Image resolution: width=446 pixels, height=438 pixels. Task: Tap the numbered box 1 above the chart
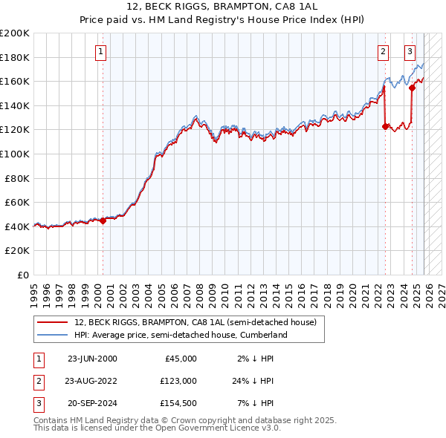click(x=100, y=52)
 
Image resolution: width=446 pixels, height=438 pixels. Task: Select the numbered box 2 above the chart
click(x=383, y=52)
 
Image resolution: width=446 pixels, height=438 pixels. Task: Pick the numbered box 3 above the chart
click(x=410, y=52)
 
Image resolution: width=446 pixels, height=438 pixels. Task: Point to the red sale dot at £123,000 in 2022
click(x=385, y=126)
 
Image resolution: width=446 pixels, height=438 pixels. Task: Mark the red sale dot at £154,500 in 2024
click(x=412, y=88)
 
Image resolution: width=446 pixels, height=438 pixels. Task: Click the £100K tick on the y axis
click(x=15, y=154)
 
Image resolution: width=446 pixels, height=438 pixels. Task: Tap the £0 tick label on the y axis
click(x=24, y=275)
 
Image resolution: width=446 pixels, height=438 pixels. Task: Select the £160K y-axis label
click(x=15, y=81)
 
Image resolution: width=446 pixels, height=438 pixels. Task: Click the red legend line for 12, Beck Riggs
click(x=52, y=322)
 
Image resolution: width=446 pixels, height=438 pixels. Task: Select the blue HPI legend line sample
click(x=52, y=335)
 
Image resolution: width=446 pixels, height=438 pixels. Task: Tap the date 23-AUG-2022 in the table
click(x=91, y=381)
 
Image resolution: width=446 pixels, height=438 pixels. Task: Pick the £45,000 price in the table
click(x=180, y=359)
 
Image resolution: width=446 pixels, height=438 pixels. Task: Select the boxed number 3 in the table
click(x=37, y=403)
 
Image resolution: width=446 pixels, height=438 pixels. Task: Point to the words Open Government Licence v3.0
click(x=219, y=428)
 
